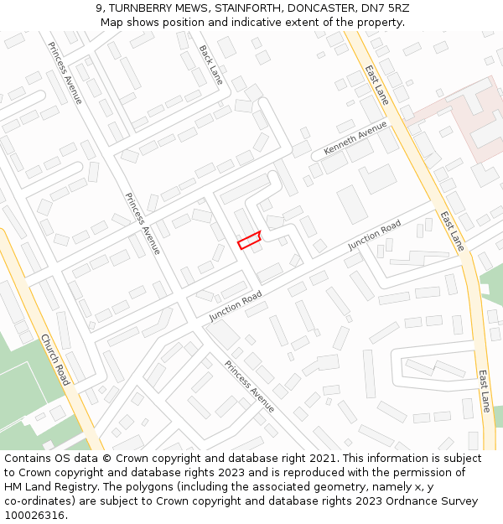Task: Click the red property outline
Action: pos(249,240)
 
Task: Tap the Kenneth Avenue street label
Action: pos(355,140)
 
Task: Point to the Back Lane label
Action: pos(211,64)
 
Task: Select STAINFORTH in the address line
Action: pos(257,8)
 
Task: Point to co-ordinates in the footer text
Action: pos(41,501)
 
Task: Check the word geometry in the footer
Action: pos(328,487)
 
